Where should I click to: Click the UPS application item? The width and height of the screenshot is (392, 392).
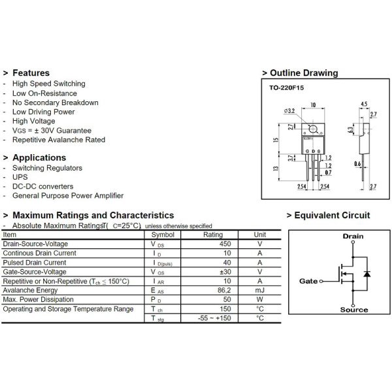20,177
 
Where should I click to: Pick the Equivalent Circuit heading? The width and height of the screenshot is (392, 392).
331,216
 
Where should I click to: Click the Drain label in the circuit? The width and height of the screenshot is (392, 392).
352,237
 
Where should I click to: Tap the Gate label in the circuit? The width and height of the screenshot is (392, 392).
308,281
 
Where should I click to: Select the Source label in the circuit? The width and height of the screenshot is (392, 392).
353,310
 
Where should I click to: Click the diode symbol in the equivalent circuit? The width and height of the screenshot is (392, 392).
367,273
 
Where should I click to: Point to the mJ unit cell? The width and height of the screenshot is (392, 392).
259,290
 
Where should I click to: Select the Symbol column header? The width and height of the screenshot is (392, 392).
163,235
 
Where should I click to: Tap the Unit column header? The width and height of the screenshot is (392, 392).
259,235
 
